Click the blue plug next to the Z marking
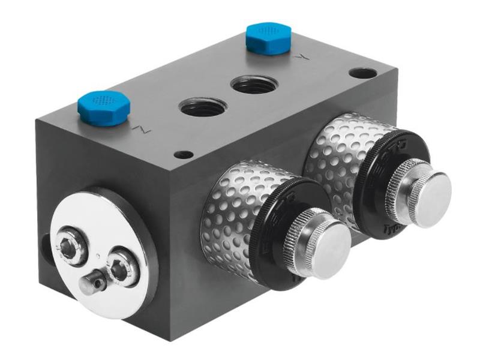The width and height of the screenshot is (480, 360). (x=104, y=107)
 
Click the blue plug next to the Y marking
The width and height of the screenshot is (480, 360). (x=268, y=38)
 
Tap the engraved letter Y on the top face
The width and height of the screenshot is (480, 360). (x=304, y=58)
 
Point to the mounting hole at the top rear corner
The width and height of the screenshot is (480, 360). (x=363, y=73)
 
